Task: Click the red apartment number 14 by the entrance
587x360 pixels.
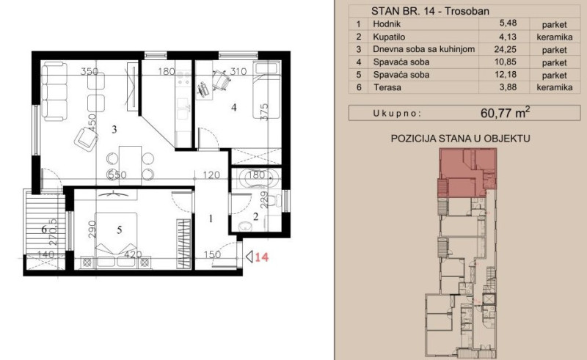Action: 262,257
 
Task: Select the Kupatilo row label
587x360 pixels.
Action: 389,37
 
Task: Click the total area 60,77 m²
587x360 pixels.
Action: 505,112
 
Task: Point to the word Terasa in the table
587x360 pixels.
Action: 387,87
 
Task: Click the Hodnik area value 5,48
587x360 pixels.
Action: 508,23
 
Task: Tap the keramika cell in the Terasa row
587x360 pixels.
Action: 555,87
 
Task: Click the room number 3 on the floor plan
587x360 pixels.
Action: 114,130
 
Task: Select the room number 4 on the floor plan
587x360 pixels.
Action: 234,108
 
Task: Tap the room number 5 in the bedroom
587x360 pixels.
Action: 119,229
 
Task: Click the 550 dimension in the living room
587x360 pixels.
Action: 117,175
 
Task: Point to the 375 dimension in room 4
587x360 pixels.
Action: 264,111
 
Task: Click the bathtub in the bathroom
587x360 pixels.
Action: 256,178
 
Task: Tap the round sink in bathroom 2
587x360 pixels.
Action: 245,226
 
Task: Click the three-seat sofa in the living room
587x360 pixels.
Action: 54,92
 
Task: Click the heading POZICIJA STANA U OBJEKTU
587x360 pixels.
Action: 460,139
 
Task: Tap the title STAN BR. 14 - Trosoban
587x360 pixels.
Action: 430,11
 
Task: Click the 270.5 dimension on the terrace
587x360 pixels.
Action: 53,232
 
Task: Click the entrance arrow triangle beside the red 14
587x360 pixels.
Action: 249,257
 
